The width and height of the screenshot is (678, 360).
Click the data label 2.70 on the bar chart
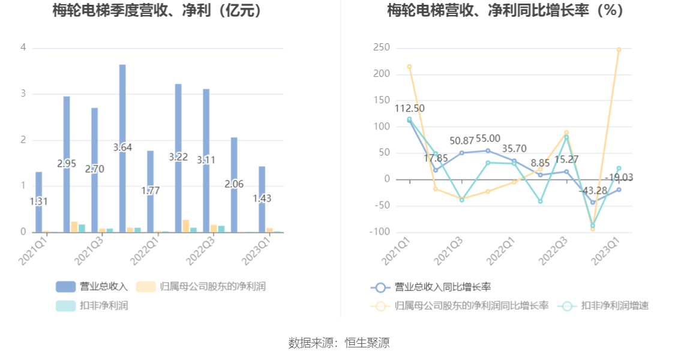coord(94,169)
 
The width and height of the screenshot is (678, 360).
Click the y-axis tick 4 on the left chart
coord(23,47)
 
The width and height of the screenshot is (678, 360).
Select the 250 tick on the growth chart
coord(382,47)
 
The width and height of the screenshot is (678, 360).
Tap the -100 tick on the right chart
coord(380,232)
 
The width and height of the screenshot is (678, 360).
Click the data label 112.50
coord(410,109)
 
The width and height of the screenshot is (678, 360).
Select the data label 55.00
coord(488,139)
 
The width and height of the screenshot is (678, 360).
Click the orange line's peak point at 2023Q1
coord(619,50)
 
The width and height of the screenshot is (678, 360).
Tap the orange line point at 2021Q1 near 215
coord(409,67)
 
